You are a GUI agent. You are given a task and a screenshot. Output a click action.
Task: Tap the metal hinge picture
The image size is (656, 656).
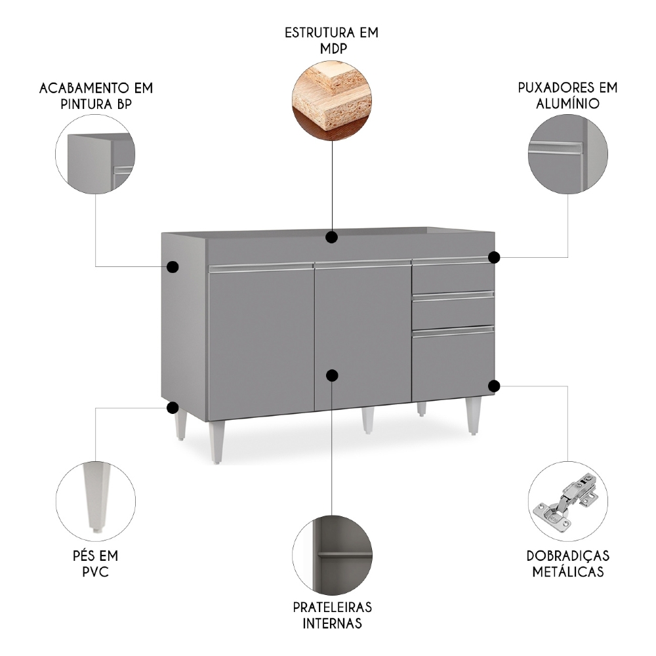(567, 503)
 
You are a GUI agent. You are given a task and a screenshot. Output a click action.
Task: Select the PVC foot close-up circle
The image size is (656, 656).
(96, 496)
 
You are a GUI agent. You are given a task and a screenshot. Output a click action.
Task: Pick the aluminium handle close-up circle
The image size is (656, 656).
(567, 154)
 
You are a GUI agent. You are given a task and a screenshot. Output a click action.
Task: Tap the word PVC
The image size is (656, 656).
(96, 571)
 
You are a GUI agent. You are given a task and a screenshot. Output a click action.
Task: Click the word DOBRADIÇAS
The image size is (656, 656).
(567, 556)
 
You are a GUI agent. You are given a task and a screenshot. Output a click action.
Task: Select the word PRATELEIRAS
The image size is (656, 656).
(332, 607)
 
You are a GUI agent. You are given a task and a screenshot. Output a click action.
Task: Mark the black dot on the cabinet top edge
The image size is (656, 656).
(332, 236)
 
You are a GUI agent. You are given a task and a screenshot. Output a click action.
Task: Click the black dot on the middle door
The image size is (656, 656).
(332, 375)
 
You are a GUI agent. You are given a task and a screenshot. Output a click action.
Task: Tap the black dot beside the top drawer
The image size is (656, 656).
(494, 257)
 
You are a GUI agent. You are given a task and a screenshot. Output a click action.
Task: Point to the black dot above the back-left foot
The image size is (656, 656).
(173, 407)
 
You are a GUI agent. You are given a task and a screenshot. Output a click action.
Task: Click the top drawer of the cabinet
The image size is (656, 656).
(453, 277)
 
